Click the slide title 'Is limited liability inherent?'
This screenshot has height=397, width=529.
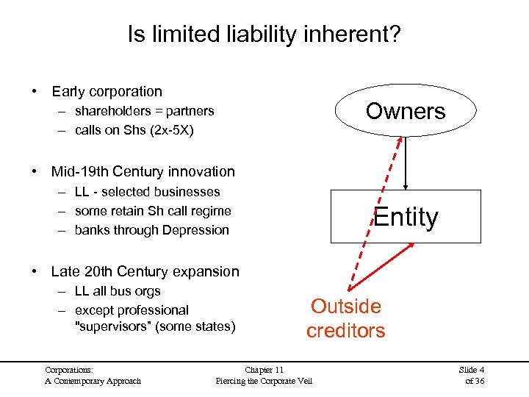264,35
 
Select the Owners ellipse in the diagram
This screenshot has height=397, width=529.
406,111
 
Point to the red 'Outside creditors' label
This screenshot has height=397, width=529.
345,318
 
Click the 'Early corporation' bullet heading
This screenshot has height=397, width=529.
107,91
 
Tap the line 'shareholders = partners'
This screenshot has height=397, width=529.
144,111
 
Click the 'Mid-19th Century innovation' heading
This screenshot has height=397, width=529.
143,171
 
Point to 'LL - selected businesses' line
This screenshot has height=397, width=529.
147,192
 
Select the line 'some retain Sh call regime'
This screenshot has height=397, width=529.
153,211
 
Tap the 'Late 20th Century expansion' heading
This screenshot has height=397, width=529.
145,271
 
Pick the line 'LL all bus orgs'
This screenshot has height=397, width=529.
118,291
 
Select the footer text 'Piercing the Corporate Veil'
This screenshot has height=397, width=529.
264,380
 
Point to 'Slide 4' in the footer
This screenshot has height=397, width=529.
471,369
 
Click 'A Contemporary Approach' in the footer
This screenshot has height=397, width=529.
93,380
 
